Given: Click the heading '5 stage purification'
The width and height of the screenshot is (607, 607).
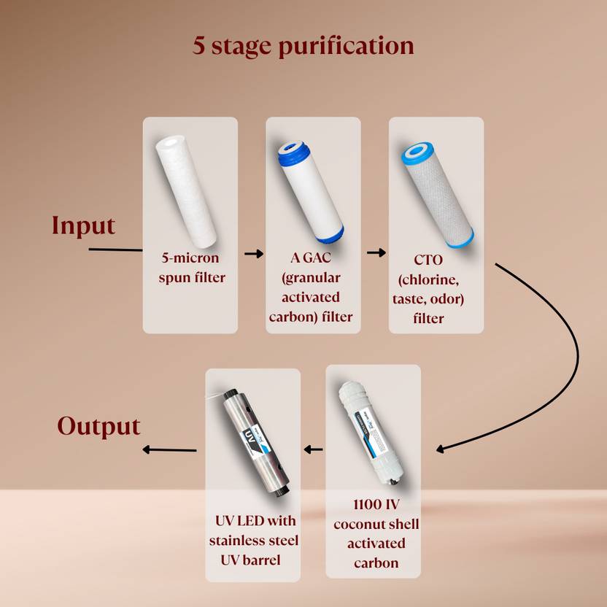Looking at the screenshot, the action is click(303, 46).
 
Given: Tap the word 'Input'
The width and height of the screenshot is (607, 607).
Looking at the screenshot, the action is click(84, 225).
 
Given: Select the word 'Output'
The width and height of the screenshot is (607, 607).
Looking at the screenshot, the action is click(98, 426).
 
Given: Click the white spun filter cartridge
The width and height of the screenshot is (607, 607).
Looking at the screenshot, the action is click(186, 192).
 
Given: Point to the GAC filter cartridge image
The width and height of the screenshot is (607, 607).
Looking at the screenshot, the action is click(311, 192).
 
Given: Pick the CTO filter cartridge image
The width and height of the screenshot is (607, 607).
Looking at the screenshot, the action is click(438, 194).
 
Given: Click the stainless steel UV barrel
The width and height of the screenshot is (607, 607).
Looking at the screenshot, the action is click(256, 444).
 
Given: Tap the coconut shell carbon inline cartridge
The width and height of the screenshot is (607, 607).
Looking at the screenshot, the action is click(371, 433).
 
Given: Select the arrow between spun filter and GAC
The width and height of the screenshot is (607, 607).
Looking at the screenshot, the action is click(254, 254).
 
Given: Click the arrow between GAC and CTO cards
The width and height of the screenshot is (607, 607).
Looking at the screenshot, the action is click(376, 252).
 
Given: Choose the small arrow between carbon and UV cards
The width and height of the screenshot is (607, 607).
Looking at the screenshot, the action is click(313, 449).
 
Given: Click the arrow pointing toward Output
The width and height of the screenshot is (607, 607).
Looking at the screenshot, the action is click(169, 450).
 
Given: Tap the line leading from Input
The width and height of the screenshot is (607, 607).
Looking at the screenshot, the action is click(115, 250).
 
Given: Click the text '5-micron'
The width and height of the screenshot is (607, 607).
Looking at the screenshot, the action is click(190, 258).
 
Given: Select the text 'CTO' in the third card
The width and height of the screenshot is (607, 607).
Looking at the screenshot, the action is click(428, 260).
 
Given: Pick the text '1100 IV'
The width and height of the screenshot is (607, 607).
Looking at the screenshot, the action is click(376, 504).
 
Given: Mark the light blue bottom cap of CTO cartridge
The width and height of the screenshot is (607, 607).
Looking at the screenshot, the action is click(460, 238).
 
